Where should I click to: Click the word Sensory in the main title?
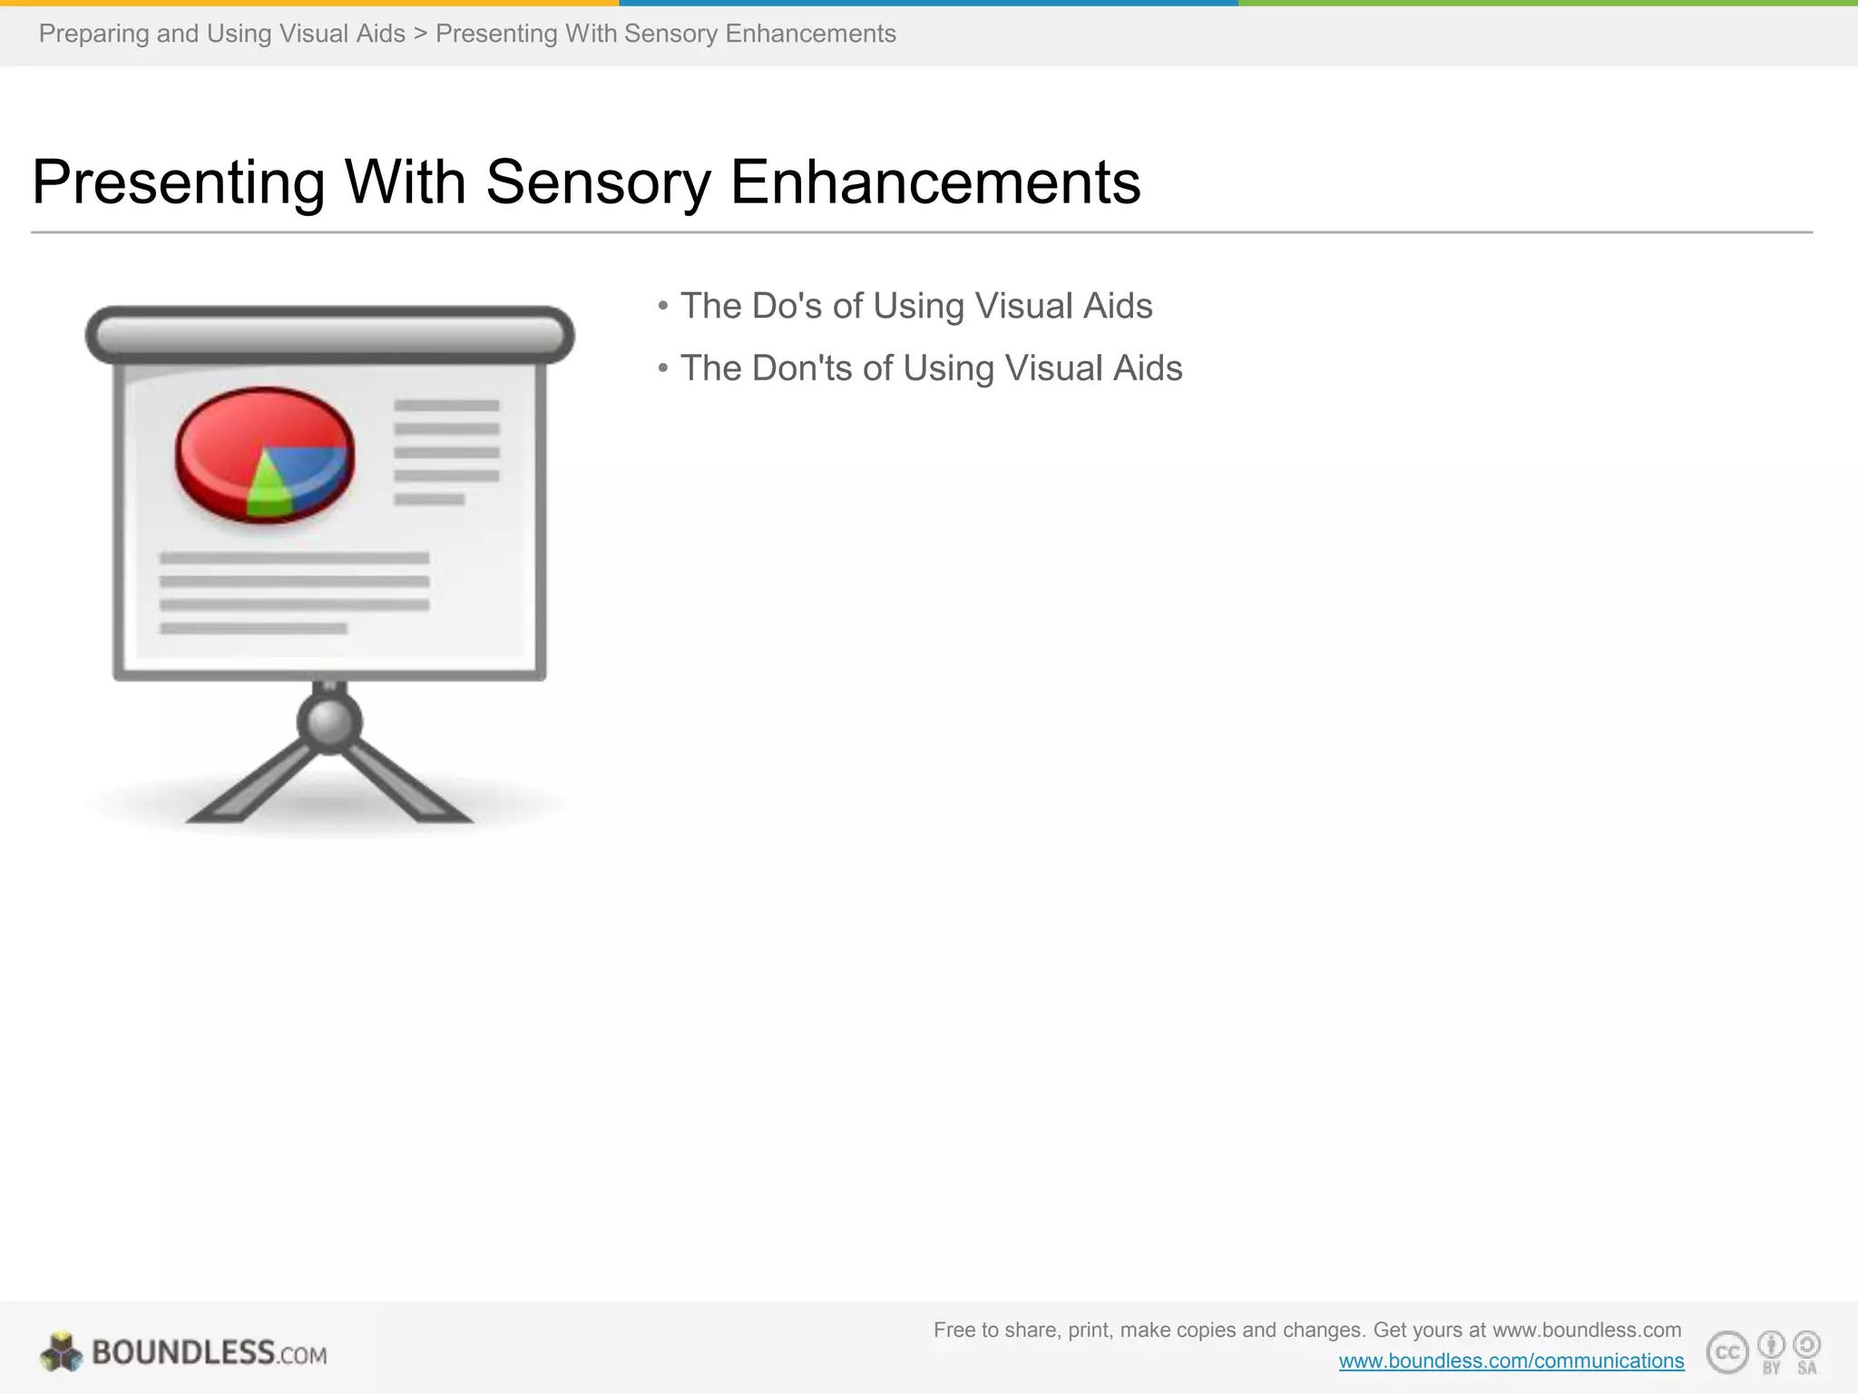coord(599,182)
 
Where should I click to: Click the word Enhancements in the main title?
coord(935,182)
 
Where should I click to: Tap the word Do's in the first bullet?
coord(787,306)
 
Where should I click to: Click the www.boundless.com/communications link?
coord(1511,1360)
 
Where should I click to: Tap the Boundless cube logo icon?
coord(61,1352)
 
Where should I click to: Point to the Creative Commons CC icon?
coord(1727,1352)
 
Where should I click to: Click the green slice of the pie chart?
coord(268,490)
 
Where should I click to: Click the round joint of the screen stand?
coord(329,722)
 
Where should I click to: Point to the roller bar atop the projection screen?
coord(329,335)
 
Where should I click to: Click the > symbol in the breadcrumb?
coord(420,34)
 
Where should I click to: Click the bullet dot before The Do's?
coord(663,306)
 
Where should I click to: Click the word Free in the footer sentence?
coord(953,1330)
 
